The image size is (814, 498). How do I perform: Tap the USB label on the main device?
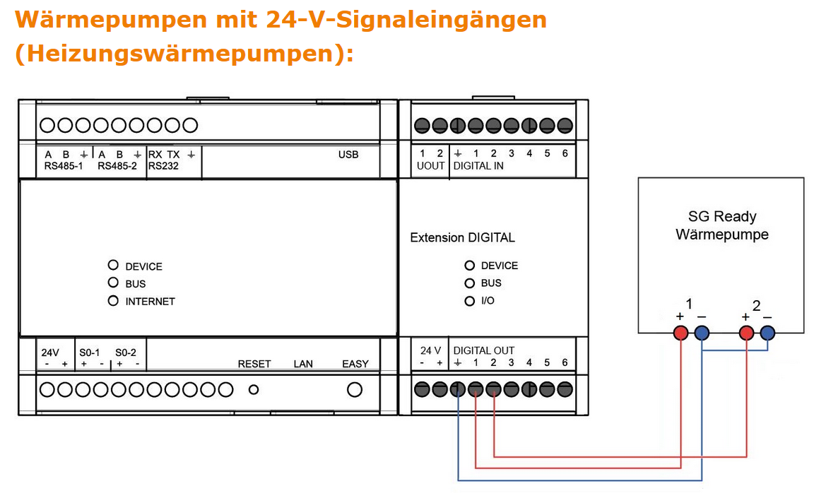[x=348, y=155]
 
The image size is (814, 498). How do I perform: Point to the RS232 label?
[x=163, y=167]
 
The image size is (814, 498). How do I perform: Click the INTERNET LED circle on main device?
[x=113, y=301]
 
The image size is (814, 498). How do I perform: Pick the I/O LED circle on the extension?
[x=469, y=301]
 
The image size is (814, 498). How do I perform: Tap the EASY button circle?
[x=355, y=389]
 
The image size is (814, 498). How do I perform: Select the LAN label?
[x=303, y=364]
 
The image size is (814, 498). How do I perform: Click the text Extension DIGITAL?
[x=462, y=238]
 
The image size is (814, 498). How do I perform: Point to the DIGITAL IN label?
[x=478, y=166]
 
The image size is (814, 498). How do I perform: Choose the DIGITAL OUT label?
[x=484, y=350]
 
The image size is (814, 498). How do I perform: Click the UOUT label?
[x=430, y=166]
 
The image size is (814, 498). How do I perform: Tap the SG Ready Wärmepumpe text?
[x=721, y=225]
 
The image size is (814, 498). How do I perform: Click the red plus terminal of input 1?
[x=680, y=333]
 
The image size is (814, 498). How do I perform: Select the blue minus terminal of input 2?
[x=767, y=333]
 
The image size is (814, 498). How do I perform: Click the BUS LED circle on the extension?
[x=469, y=283]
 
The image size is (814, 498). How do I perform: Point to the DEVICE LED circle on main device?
[x=113, y=266]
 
